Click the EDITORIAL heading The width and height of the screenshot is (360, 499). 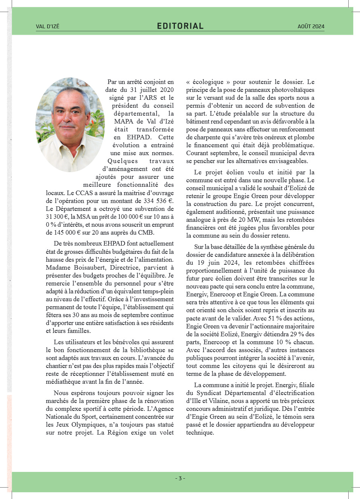pos(180,26)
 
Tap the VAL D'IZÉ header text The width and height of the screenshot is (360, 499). pos(47,26)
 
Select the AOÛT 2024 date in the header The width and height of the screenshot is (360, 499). pos(311,26)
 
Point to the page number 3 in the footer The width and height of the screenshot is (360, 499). pos(180,478)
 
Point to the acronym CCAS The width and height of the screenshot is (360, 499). pos(84,193)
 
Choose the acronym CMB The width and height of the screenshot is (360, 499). pos(146,232)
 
